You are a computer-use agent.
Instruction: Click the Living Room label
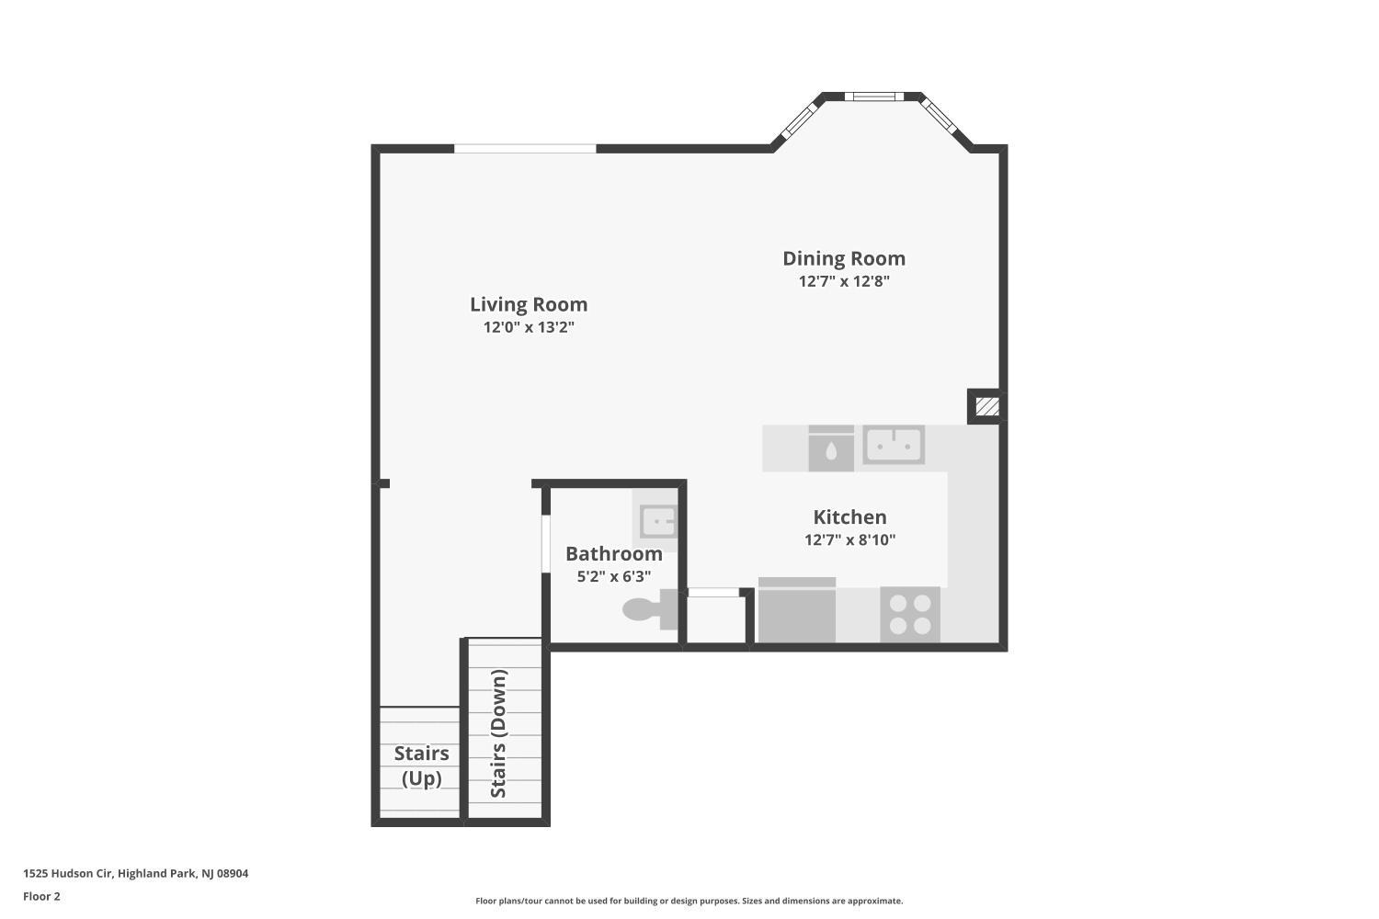pos(529,304)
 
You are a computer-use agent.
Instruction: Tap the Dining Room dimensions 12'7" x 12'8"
pos(844,281)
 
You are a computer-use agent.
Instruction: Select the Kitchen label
pos(849,517)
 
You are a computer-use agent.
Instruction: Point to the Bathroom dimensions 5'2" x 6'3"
pos(614,577)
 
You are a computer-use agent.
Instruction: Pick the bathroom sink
pos(656,521)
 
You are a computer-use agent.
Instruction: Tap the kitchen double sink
pos(894,445)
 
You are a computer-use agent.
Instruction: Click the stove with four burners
pos(910,614)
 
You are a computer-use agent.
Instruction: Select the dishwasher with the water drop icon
pos(831,448)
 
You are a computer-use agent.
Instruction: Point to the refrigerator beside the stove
pos(797,610)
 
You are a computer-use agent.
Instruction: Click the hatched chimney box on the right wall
pos(987,406)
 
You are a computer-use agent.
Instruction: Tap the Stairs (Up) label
pos(422,766)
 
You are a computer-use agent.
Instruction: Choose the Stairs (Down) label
pos(498,733)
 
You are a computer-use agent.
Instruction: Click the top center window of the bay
pos(874,96)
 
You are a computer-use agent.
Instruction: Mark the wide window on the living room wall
pos(525,148)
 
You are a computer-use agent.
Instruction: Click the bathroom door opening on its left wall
pos(545,543)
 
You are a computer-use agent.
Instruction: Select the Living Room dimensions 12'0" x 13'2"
pos(529,327)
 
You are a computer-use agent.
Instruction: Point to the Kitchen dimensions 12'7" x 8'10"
pos(849,539)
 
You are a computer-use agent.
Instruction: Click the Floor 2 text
pos(42,896)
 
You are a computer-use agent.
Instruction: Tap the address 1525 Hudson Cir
pos(68,873)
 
